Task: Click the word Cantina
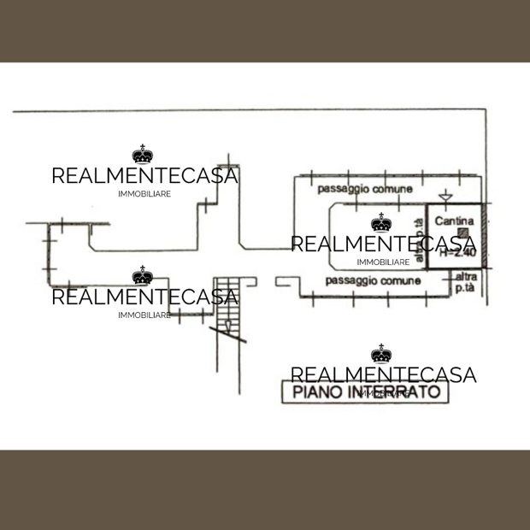point(450,220)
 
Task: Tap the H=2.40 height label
point(456,252)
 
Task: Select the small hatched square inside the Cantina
point(462,233)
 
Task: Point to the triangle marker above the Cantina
point(444,198)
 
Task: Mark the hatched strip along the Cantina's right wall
point(482,236)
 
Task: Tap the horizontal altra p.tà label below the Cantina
point(466,282)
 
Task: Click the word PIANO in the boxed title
point(318,393)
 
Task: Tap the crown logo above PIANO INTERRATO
point(381,353)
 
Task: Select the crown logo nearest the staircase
point(143,276)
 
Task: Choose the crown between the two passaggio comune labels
point(381,224)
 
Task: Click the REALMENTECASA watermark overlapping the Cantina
point(383,244)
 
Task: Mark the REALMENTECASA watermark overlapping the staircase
point(144,297)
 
